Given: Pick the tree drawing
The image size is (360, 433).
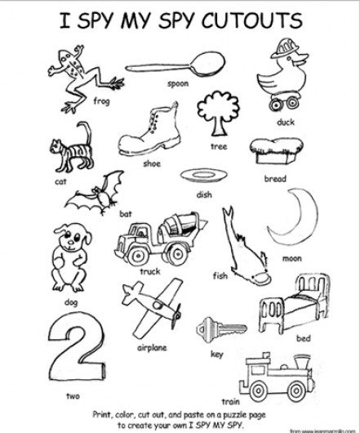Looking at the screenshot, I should click(x=218, y=114).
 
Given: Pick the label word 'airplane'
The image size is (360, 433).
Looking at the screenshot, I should click(x=152, y=347).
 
